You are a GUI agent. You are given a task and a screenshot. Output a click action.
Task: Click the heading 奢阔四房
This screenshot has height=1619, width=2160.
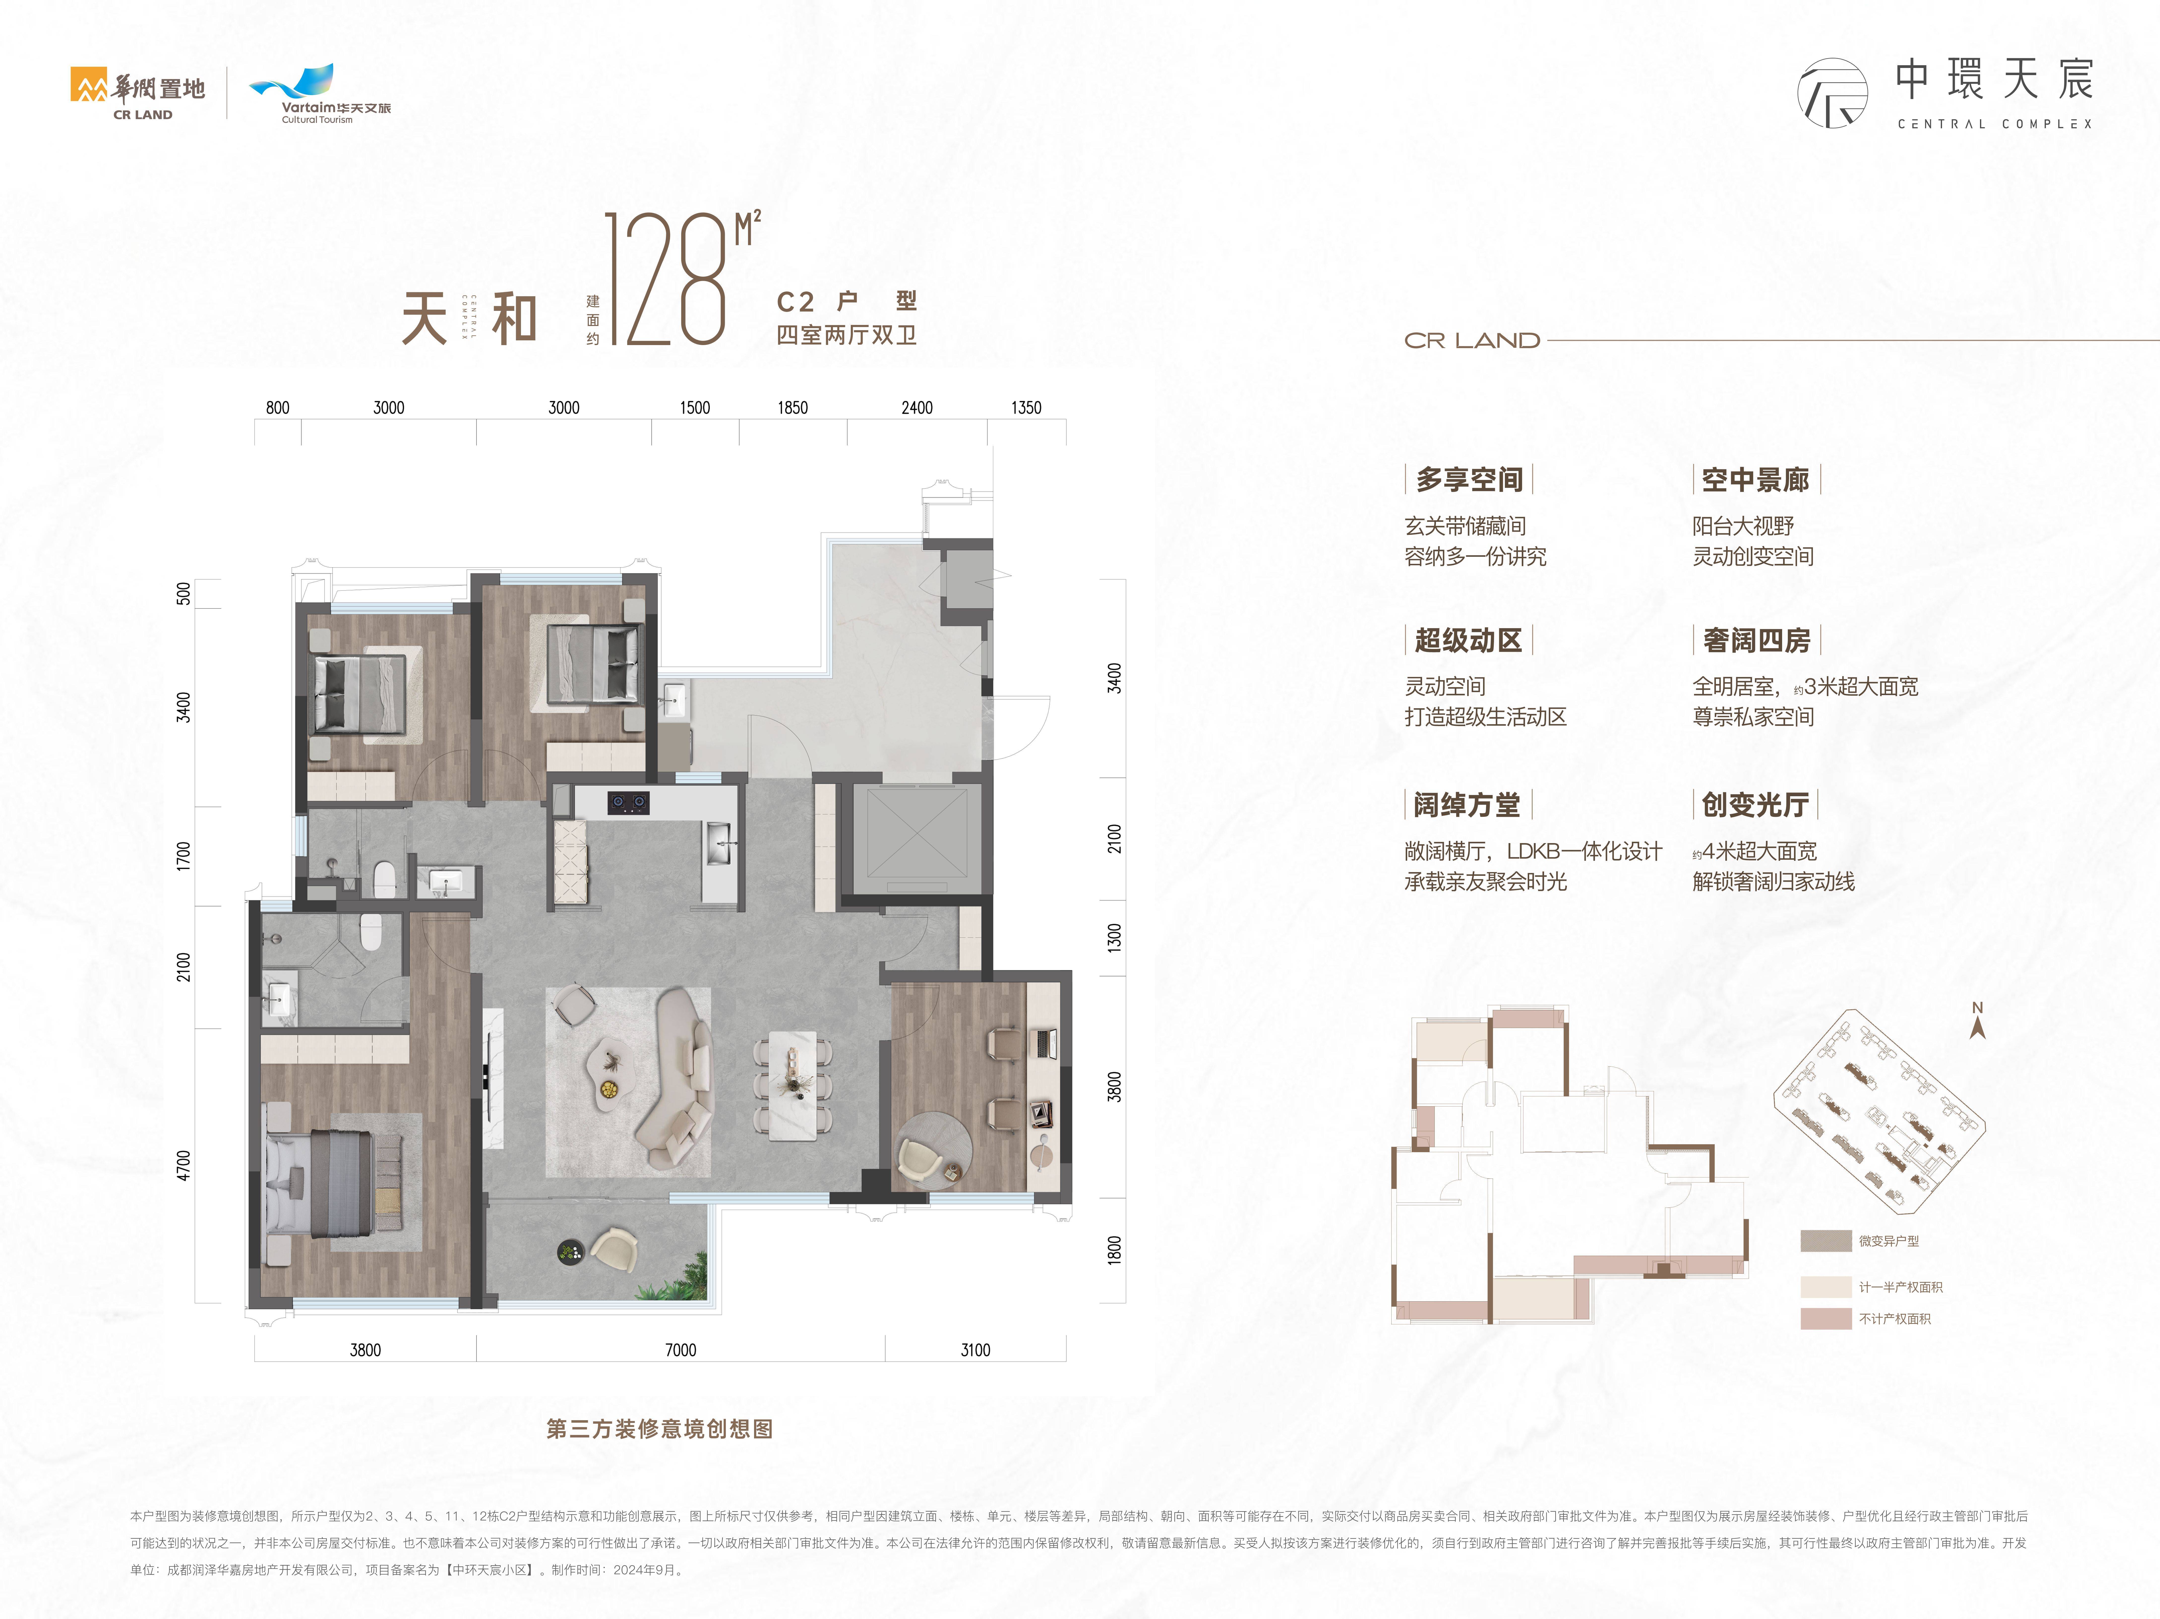1756,641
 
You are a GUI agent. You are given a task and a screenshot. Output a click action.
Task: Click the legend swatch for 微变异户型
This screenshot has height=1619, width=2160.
1825,1241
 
